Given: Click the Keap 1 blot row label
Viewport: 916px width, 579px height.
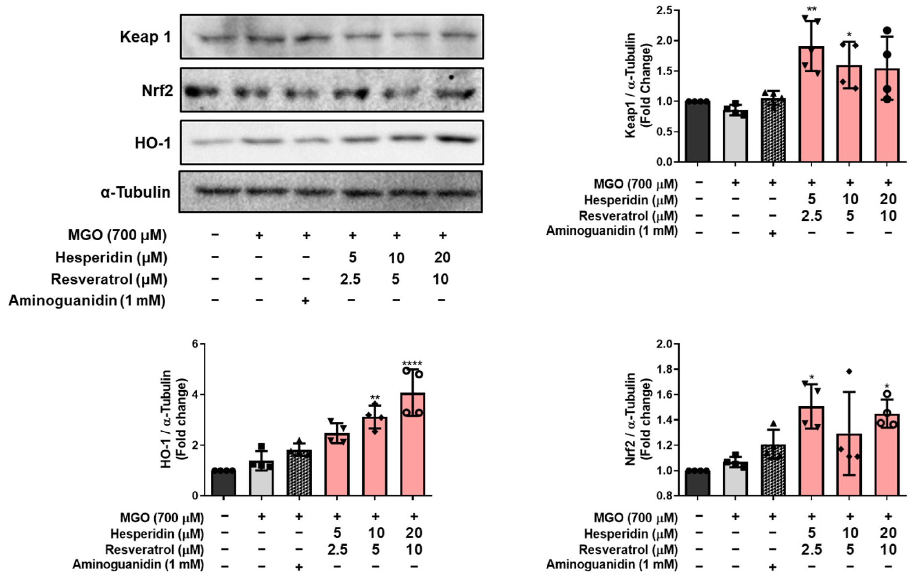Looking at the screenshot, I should [145, 37].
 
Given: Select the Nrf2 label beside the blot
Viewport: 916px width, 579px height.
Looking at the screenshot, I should [157, 91].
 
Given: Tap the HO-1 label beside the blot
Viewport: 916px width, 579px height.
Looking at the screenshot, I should [152, 143].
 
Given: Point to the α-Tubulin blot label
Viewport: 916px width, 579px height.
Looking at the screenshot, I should [136, 192].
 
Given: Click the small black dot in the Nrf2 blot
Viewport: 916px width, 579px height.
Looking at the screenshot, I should [451, 77].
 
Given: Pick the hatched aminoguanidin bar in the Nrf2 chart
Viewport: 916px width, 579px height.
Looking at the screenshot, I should [773, 470].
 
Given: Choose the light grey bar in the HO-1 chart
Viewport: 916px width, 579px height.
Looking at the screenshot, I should [261, 478].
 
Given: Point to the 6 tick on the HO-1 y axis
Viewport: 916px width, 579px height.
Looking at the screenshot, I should [196, 344].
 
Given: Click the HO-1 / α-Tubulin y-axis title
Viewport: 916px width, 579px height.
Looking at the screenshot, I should [171, 419].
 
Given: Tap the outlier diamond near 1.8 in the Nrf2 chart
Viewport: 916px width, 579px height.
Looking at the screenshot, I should [849, 371].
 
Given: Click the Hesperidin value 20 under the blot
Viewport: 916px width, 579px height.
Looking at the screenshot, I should [442, 258].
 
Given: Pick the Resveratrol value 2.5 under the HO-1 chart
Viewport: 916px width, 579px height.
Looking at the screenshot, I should [337, 549].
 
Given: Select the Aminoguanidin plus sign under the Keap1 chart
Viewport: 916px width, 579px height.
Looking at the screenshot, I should [773, 233].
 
